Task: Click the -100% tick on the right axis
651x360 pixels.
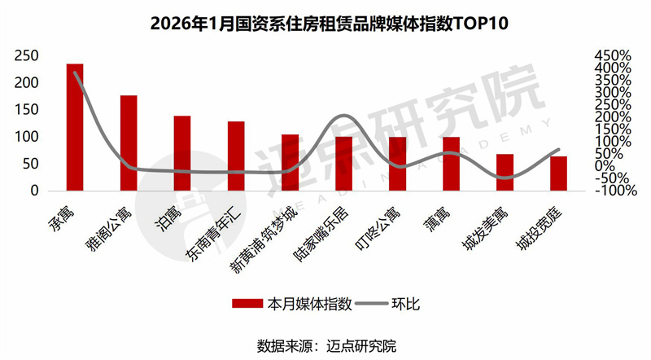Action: [615, 191]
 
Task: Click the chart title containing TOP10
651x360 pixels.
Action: [325, 23]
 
